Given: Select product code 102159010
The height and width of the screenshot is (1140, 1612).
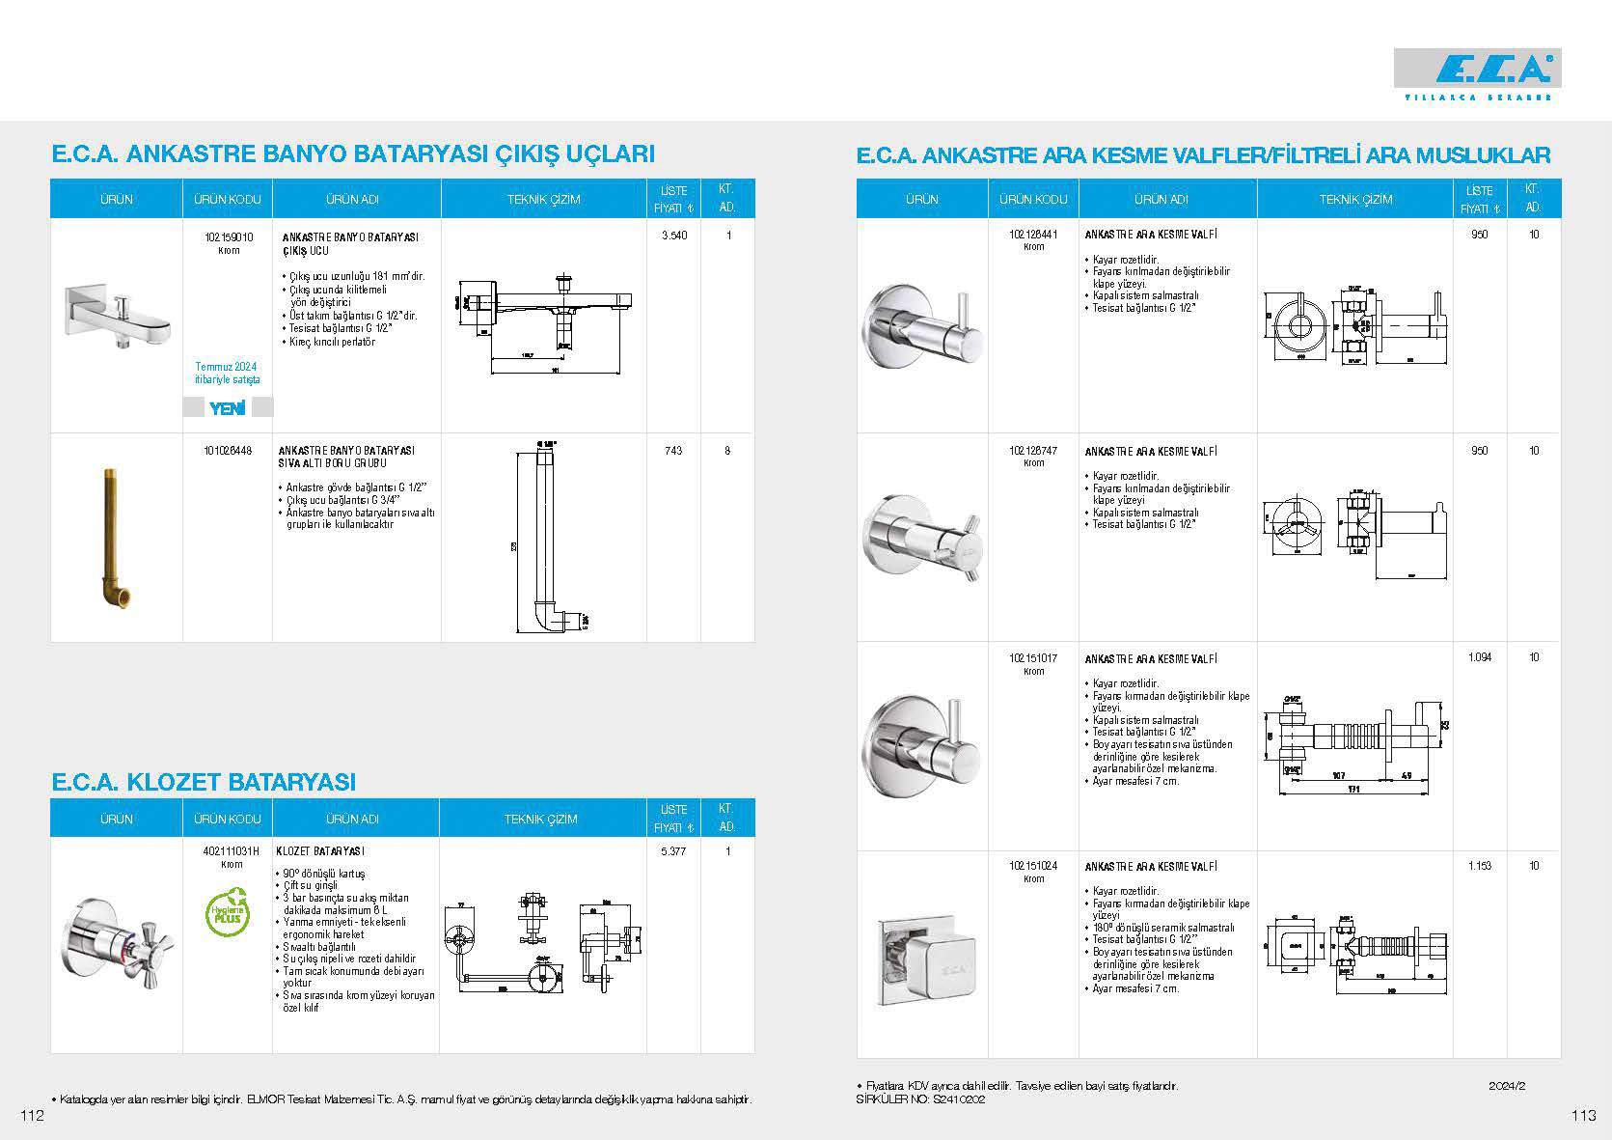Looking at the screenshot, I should pos(229,236).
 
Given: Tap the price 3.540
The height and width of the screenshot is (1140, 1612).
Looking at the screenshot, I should pos(673,236).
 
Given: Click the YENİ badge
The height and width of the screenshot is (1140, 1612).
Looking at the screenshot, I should pos(228,408).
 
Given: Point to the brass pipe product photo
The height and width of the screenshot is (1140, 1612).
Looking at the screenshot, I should pos(115,538).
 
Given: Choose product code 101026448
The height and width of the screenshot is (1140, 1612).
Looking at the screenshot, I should pos(229,450).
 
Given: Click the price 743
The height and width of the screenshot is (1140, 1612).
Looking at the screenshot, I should pos(673,451).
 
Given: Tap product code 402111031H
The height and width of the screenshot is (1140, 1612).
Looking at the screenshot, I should pos(232,851).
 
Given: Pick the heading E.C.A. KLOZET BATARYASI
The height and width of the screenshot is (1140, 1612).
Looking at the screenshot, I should pos(204,781).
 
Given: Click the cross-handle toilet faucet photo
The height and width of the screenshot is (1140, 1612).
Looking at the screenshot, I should pos(114,941).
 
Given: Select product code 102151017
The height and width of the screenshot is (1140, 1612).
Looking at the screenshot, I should pos(1033,658).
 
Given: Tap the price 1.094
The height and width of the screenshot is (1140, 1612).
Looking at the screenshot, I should pos(1479,657).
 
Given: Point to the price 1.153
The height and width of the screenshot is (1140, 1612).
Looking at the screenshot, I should pos(1479,866).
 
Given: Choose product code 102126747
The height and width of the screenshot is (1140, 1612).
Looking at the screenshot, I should pos(1033,451).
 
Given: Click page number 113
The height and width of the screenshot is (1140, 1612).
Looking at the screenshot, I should pos(1583,1116).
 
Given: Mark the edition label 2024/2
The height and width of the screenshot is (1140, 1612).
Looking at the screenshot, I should pos(1507,1086).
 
